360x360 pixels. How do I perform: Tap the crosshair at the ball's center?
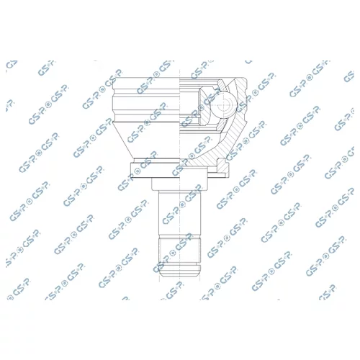click(x=224, y=105)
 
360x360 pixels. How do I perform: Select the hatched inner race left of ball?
click(x=204, y=106)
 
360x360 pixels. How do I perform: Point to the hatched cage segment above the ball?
click(x=222, y=86)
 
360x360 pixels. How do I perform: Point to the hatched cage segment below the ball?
click(x=222, y=125)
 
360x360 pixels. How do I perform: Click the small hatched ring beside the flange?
click(x=222, y=166)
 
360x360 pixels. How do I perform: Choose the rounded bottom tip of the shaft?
click(x=179, y=274)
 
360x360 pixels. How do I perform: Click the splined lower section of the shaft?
click(x=179, y=250)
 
